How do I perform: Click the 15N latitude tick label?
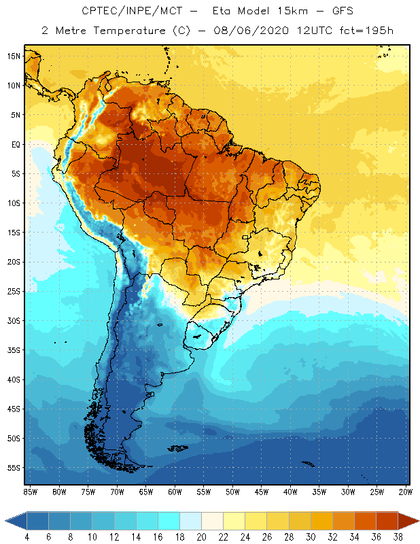click(14, 56)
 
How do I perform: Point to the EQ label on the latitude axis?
click(15, 144)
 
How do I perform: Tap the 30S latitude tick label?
click(14, 320)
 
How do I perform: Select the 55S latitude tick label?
click(14, 468)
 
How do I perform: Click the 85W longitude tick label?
click(30, 492)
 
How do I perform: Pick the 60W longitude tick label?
click(175, 492)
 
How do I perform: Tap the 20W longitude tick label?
click(406, 492)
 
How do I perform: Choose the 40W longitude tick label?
click(290, 492)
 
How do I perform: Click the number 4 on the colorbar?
click(27, 537)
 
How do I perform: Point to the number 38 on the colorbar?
click(396, 537)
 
